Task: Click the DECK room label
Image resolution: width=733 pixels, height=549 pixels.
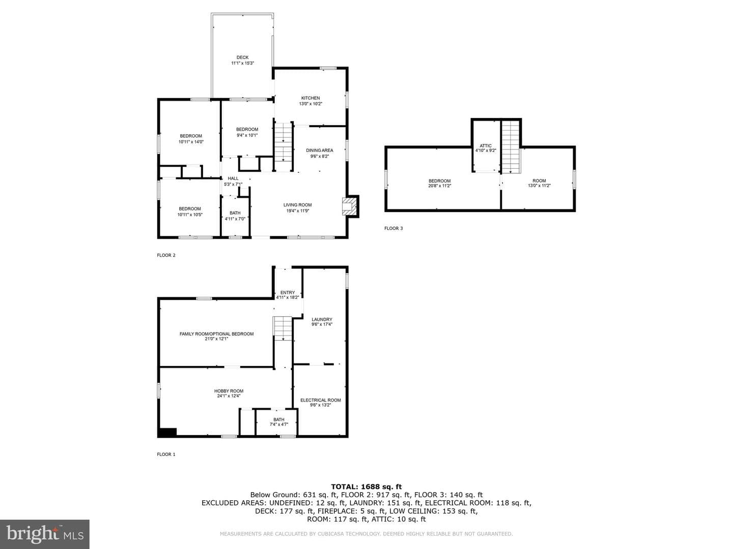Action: point(242,57)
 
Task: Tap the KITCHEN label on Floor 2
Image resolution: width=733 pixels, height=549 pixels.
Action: point(311,98)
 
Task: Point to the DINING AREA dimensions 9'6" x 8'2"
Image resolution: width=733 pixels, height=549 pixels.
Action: point(320,156)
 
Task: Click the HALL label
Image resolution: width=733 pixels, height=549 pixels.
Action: point(233,178)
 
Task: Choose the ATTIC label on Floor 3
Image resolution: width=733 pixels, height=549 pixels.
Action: point(486,146)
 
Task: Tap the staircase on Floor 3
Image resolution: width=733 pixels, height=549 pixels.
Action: point(512,147)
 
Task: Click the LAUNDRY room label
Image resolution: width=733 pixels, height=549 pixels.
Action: point(322,319)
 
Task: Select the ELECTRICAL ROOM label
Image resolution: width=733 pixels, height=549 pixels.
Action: point(321,400)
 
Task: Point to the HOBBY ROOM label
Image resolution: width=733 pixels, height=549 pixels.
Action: point(229,391)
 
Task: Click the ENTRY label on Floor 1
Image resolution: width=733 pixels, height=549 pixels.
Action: point(288,292)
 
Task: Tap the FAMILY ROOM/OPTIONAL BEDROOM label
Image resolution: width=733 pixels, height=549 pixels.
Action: point(217,333)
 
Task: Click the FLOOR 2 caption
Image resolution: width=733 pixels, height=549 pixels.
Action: point(166,255)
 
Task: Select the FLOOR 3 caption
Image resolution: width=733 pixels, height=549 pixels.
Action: point(393,228)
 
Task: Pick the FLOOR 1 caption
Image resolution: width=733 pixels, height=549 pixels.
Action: point(166,454)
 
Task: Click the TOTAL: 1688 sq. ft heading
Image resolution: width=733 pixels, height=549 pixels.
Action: point(366,486)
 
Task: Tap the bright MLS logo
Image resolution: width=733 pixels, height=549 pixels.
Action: point(45,534)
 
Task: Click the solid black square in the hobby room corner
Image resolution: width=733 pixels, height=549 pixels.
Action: point(167,432)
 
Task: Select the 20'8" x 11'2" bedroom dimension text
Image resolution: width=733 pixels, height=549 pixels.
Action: point(439,186)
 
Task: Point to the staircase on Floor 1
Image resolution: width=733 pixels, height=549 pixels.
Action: point(283,328)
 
